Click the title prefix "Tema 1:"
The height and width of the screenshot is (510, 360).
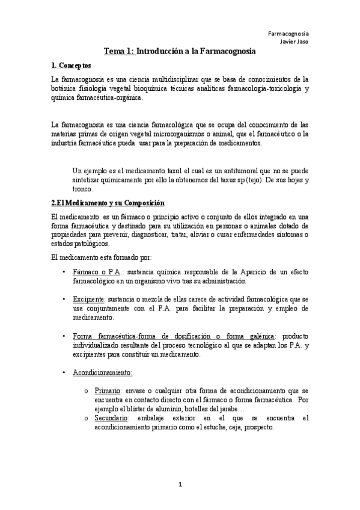pos(118,52)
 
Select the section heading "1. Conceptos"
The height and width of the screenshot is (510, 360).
pos(71,66)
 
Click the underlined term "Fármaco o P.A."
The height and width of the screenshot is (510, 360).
pos(96,272)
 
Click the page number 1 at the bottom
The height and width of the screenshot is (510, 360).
pos(180,484)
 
